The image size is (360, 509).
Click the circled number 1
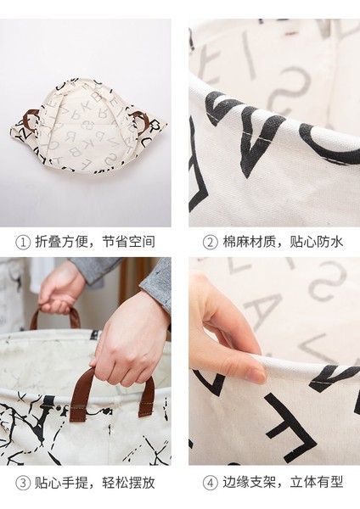tap(23, 243)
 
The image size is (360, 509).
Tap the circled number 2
tap(210, 243)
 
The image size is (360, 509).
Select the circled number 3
tap(23, 484)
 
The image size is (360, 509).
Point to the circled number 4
tap(210, 484)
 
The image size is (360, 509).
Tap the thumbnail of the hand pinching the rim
tap(258, 375)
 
